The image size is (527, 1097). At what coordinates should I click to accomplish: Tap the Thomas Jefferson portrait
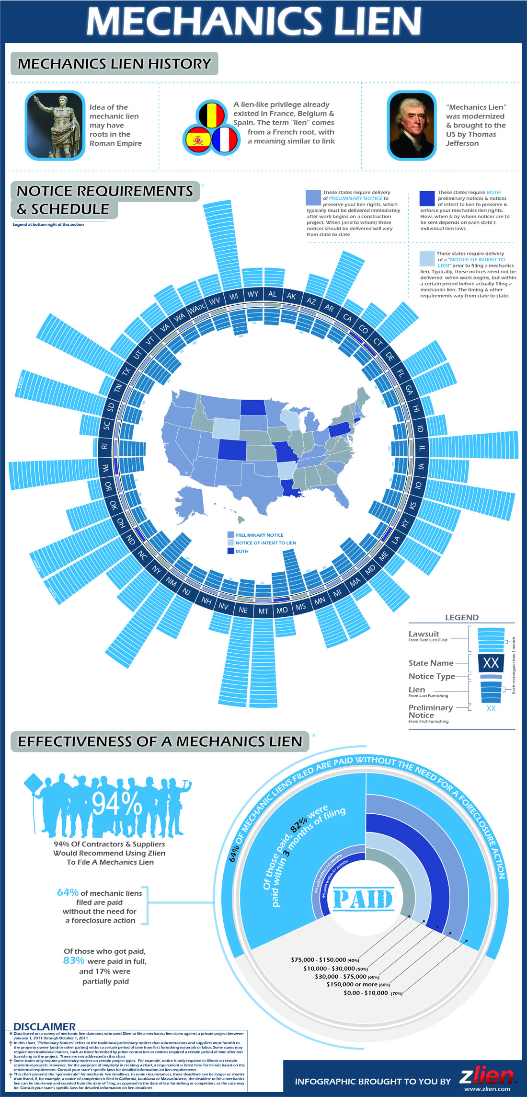point(412,126)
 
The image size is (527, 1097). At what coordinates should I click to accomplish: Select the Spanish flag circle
point(198,140)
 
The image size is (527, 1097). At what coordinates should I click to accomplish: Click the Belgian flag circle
point(212,115)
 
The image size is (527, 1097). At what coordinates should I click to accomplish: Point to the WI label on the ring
point(234,297)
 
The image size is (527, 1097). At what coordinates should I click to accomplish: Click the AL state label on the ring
point(272,294)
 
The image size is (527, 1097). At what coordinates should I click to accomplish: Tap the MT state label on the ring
point(263,611)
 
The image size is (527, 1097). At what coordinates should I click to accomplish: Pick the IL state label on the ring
point(422,449)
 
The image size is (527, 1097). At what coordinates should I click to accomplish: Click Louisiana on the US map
point(290,489)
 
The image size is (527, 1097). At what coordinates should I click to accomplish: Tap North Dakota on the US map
point(253,407)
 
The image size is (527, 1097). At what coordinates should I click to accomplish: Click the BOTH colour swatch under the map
point(230,551)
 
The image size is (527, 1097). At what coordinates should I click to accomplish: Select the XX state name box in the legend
point(491,663)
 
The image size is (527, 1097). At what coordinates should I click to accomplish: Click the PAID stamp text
point(363,900)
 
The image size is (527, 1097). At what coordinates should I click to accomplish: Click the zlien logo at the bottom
point(486,1076)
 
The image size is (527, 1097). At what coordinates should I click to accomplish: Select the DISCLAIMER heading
point(44,1027)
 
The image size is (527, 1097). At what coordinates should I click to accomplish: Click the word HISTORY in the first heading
point(179,64)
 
